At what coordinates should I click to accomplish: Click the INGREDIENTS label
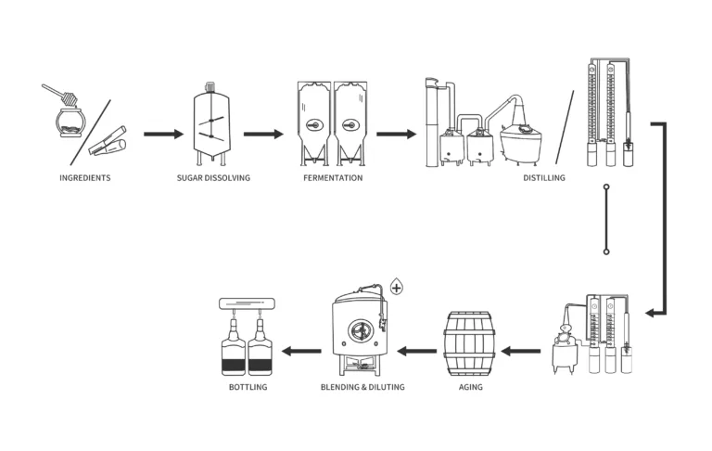pyautogui.click(x=84, y=177)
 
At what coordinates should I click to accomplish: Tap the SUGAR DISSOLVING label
pyautogui.click(x=213, y=177)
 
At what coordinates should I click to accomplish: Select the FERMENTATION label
pyautogui.click(x=333, y=177)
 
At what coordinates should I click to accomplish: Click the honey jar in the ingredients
pyautogui.click(x=68, y=122)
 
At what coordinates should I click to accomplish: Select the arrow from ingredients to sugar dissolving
pyautogui.click(x=163, y=135)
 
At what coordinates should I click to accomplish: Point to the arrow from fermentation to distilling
pyautogui.click(x=396, y=135)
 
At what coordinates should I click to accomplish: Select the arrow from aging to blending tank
pyautogui.click(x=416, y=352)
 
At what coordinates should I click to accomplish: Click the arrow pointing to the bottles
pyautogui.click(x=301, y=352)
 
